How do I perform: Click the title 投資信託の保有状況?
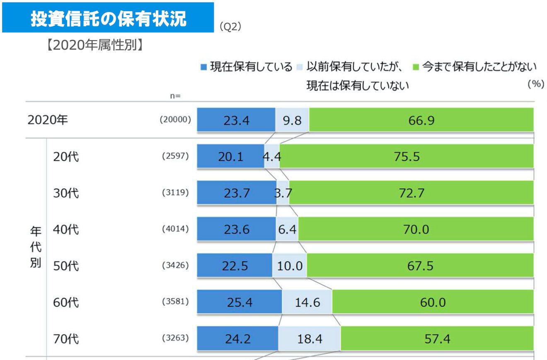(x=108, y=19)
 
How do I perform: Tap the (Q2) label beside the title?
(x=230, y=27)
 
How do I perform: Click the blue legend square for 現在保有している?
(x=203, y=67)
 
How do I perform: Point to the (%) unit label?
(x=535, y=84)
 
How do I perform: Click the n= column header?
(x=175, y=96)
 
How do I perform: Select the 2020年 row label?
(x=48, y=120)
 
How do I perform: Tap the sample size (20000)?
(x=175, y=120)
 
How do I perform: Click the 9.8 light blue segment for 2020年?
(x=293, y=120)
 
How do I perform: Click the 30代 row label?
(x=66, y=193)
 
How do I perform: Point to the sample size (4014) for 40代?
(x=175, y=229)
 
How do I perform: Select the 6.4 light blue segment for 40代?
(x=287, y=229)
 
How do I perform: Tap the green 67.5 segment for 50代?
(x=420, y=266)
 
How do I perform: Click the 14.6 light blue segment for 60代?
(x=307, y=302)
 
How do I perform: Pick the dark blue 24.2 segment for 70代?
(x=237, y=338)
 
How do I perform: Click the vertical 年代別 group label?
(x=35, y=248)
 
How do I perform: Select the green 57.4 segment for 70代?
(x=437, y=338)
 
